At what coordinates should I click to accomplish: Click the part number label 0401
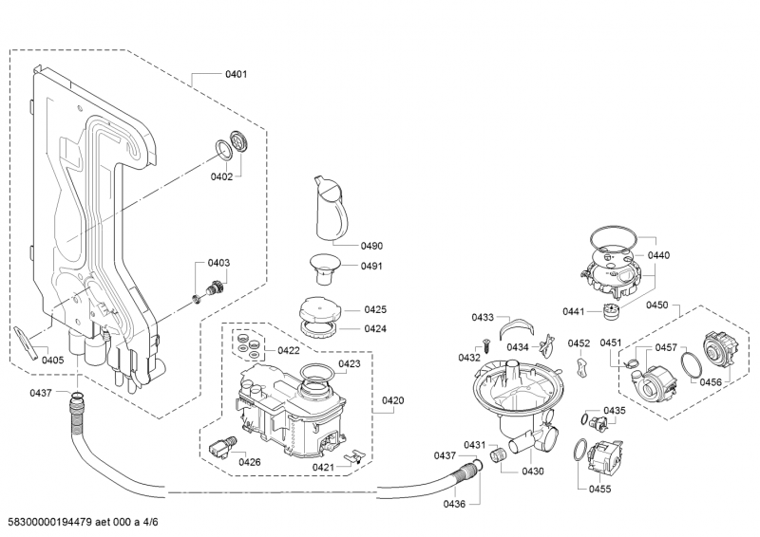coord(236,73)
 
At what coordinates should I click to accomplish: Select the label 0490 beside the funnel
coord(371,246)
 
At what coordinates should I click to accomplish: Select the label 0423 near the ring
coord(349,363)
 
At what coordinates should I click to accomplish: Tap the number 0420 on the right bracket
coord(393,400)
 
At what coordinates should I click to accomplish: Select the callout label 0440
coord(658,255)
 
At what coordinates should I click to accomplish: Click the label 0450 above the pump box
coord(657,305)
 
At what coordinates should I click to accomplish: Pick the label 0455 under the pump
coord(599,489)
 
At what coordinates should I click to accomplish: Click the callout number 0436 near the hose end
coord(454,503)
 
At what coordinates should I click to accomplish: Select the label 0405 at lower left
coord(53,360)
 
